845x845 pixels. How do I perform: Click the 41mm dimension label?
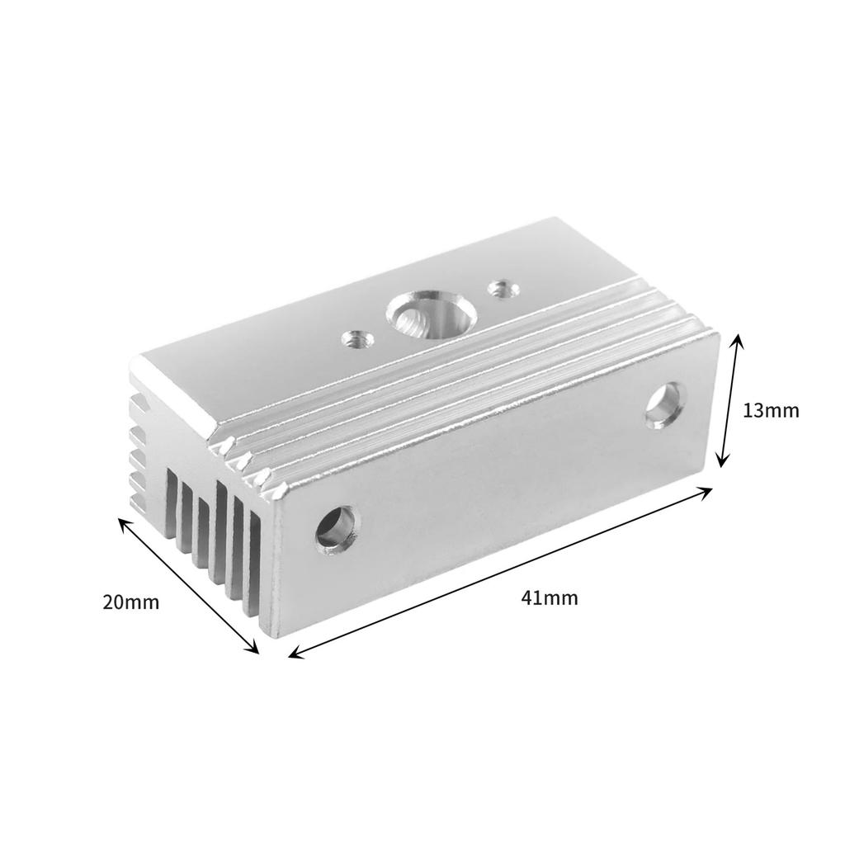click(550, 598)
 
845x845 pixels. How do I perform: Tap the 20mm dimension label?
click(130, 602)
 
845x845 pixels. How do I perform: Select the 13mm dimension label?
click(770, 410)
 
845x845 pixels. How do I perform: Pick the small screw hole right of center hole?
click(499, 289)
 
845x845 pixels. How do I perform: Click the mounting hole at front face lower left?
click(336, 529)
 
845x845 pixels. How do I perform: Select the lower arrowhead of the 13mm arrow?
click(722, 464)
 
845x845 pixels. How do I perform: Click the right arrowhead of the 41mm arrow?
click(709, 491)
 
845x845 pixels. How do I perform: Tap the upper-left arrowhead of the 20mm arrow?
click(122, 522)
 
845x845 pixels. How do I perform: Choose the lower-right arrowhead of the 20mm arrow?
click(256, 650)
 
